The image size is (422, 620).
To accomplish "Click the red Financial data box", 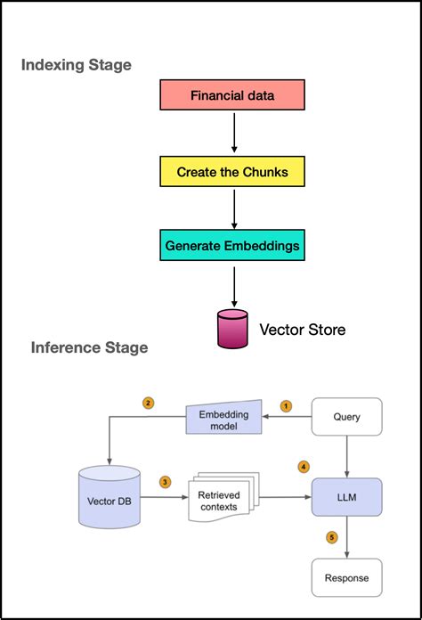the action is pos(232,95).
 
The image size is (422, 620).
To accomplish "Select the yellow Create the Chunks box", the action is pos(232,172).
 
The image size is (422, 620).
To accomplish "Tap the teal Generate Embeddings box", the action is pos(232,245).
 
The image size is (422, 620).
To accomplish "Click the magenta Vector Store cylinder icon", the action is pos(232,329).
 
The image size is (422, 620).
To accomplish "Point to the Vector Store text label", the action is pos(303,330).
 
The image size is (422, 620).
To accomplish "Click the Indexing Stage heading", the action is pos(77,65).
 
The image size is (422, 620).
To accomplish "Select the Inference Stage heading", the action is pos(90,347).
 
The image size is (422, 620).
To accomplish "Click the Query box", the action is pos(347,417).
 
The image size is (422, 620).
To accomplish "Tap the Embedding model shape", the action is pos(223,418).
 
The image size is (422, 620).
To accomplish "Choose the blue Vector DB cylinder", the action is pos(110,497).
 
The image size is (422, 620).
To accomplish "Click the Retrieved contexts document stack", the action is pos(223,497).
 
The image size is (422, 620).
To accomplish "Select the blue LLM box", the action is pos(347,497).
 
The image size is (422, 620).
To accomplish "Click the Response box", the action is pos(347,578).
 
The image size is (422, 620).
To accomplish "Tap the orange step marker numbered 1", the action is pos(286,406).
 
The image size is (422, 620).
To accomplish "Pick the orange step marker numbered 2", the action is pos(148,404).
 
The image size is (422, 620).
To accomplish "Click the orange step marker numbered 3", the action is pos(166,482).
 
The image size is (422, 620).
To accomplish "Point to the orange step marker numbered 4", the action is pos(304,467).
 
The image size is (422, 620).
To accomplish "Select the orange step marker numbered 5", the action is pos(332,537).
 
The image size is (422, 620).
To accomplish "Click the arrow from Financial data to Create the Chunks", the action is pos(234,133).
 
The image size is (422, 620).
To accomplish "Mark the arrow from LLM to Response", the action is pos(347,537).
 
